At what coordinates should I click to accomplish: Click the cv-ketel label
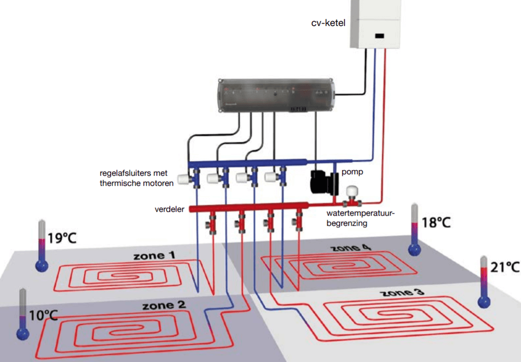(x=328, y=23)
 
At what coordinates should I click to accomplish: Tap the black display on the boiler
(x=380, y=36)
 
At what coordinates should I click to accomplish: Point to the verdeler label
(x=169, y=209)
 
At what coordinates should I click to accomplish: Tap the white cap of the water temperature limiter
(x=354, y=191)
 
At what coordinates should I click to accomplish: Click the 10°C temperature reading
(x=43, y=315)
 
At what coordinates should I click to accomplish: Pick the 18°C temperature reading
(x=436, y=223)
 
